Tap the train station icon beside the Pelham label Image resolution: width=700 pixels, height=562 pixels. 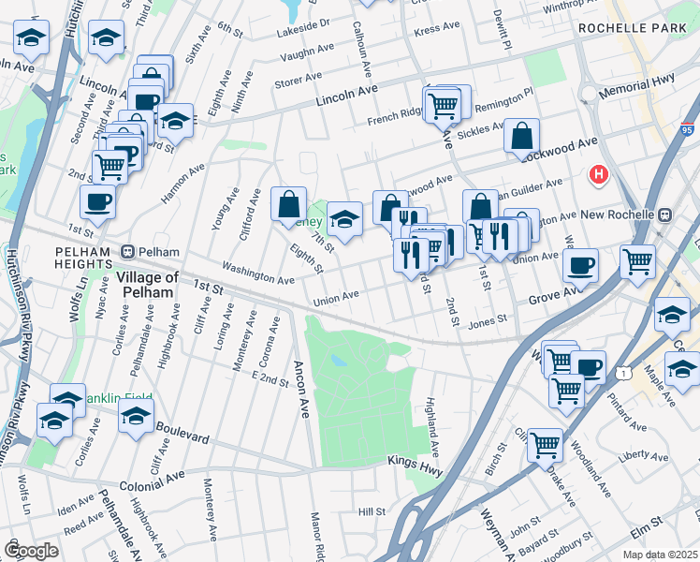pos(128,252)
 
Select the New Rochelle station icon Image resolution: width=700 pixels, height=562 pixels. pos(664,214)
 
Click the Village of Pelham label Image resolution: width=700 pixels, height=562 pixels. pos(147,284)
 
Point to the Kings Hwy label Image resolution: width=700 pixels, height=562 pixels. pos(413,461)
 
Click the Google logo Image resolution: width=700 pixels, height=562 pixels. pos(31,550)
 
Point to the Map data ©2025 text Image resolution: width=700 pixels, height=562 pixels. pos(659,555)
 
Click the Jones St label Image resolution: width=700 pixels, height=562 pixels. pos(487,319)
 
